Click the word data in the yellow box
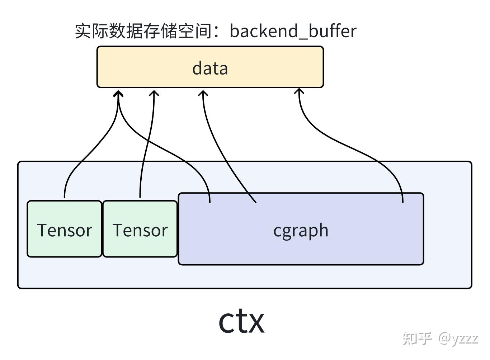[x=210, y=68]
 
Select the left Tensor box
[x=65, y=229]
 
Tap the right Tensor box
[x=140, y=229]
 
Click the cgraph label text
[x=301, y=230]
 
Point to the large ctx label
[x=241, y=321]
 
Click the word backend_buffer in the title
[x=293, y=31]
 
